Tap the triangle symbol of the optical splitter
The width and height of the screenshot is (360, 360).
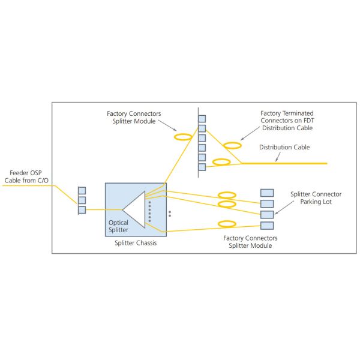tap(134, 209)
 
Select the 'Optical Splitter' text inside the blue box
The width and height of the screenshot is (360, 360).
tap(118, 226)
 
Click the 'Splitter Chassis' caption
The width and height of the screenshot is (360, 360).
tap(135, 243)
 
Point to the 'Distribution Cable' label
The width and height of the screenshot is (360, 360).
tap(285, 147)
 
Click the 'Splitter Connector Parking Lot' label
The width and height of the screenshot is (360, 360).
tap(316, 197)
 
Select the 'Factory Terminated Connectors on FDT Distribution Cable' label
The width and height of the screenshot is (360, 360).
tap(287, 121)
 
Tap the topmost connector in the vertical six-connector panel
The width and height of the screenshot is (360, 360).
tap(202, 119)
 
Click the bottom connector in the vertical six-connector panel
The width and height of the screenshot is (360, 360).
tap(202, 167)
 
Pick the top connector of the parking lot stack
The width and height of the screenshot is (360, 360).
tap(267, 193)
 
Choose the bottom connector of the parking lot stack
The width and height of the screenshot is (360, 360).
tap(267, 226)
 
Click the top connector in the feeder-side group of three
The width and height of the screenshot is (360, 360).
tap(82, 191)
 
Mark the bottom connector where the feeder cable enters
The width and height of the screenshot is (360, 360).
tap(82, 210)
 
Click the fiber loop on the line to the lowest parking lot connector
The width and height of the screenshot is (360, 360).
tap(226, 224)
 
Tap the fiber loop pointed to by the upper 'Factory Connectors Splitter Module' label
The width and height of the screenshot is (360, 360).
tap(182, 137)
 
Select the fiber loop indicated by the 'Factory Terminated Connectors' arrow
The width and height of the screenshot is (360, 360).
tap(232, 145)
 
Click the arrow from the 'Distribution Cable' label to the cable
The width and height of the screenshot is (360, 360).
tap(275, 157)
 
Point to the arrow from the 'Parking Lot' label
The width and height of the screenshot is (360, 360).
tap(282, 209)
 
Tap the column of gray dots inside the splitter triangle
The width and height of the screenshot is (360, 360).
tap(149, 211)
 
